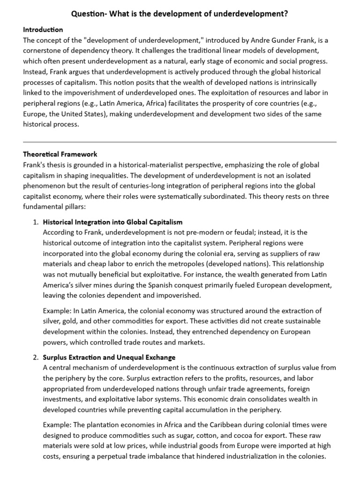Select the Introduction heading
[x=43, y=30]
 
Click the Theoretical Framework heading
[x=60, y=154]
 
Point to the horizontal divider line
[x=180, y=142]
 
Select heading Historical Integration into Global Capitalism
[x=112, y=222]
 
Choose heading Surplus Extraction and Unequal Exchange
[x=109, y=357]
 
